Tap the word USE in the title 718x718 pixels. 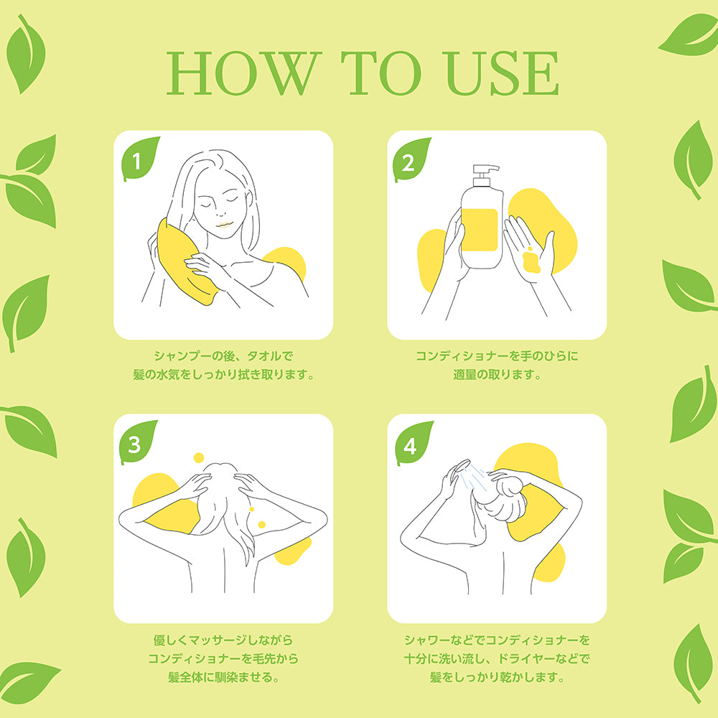[502, 73]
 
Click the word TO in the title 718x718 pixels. [381, 73]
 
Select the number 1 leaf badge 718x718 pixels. [140, 159]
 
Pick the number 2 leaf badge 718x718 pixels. [411, 159]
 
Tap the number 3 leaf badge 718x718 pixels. [137, 442]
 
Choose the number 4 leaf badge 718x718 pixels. [413, 443]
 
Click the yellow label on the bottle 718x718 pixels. [480, 230]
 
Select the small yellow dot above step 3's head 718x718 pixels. [199, 457]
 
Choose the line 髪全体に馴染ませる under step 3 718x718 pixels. [223, 677]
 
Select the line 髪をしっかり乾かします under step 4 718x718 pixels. [497, 677]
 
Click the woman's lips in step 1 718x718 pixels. [224, 224]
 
